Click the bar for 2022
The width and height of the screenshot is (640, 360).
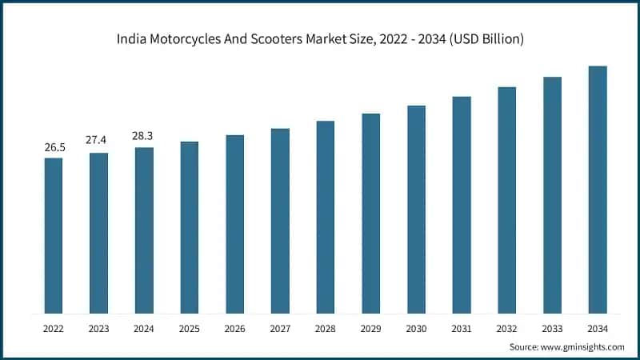[x=53, y=235]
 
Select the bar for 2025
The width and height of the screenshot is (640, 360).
[x=189, y=227]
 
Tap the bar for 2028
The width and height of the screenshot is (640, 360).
[x=325, y=217]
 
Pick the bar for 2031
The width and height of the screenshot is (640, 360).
[x=462, y=205]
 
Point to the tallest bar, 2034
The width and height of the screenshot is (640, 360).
[x=598, y=190]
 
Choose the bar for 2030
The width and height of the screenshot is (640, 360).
[x=416, y=209]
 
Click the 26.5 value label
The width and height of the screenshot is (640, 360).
[x=53, y=148]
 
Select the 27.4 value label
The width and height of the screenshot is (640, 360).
[x=98, y=141]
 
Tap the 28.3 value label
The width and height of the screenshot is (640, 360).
[x=144, y=136]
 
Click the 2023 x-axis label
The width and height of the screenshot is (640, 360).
[x=98, y=328]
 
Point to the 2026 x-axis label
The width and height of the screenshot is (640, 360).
[x=234, y=328]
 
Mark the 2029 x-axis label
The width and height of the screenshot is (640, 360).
[x=370, y=328]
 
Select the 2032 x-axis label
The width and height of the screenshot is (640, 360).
[x=507, y=328]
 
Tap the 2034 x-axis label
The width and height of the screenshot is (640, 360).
[x=598, y=328]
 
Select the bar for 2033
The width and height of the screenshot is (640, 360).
[x=552, y=195]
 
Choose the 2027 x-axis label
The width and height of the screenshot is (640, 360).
[x=280, y=328]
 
